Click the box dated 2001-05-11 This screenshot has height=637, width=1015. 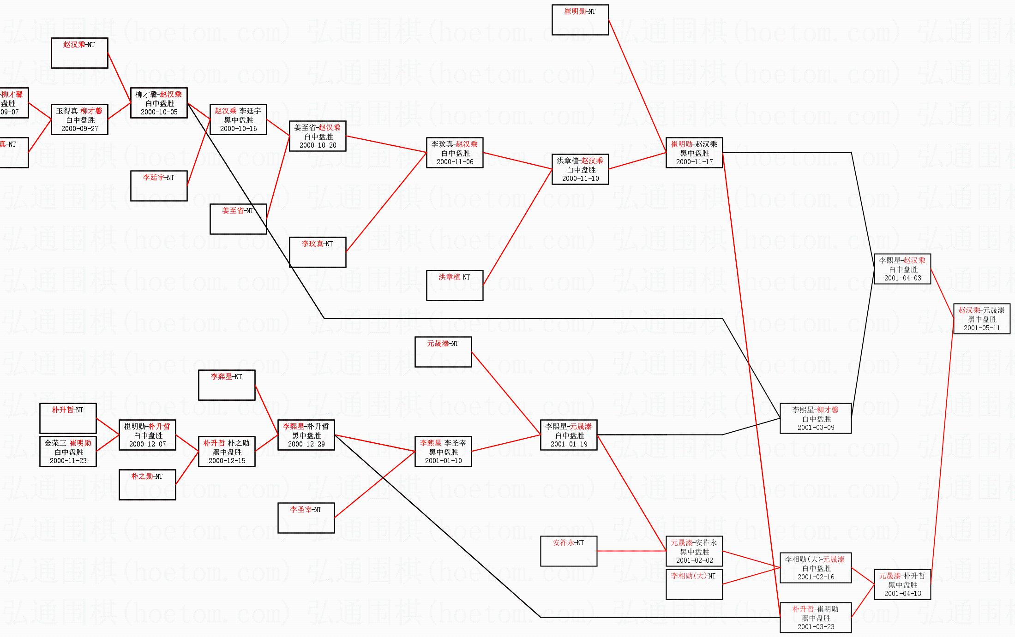point(982,319)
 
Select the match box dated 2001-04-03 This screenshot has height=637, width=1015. point(902,269)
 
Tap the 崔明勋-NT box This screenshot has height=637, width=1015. point(580,20)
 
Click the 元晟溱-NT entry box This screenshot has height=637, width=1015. point(443,352)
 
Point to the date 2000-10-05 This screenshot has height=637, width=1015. point(159,112)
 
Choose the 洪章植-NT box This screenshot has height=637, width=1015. point(455,286)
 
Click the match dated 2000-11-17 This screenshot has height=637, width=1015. point(694,153)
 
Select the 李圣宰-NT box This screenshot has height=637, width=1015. point(306,518)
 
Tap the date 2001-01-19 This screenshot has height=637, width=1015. point(569,444)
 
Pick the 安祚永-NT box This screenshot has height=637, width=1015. point(569,551)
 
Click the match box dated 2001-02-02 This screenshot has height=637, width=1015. point(694,551)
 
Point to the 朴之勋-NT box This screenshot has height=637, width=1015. point(147,485)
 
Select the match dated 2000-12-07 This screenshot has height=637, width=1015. point(147,435)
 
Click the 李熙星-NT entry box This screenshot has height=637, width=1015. point(227,385)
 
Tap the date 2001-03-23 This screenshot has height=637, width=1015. point(816,627)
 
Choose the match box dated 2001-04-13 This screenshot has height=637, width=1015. point(902,584)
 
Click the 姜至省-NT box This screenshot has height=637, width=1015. point(238,219)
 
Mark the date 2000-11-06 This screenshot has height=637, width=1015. point(455,162)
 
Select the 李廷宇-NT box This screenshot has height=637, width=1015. point(159,186)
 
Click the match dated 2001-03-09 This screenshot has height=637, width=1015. point(816,418)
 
